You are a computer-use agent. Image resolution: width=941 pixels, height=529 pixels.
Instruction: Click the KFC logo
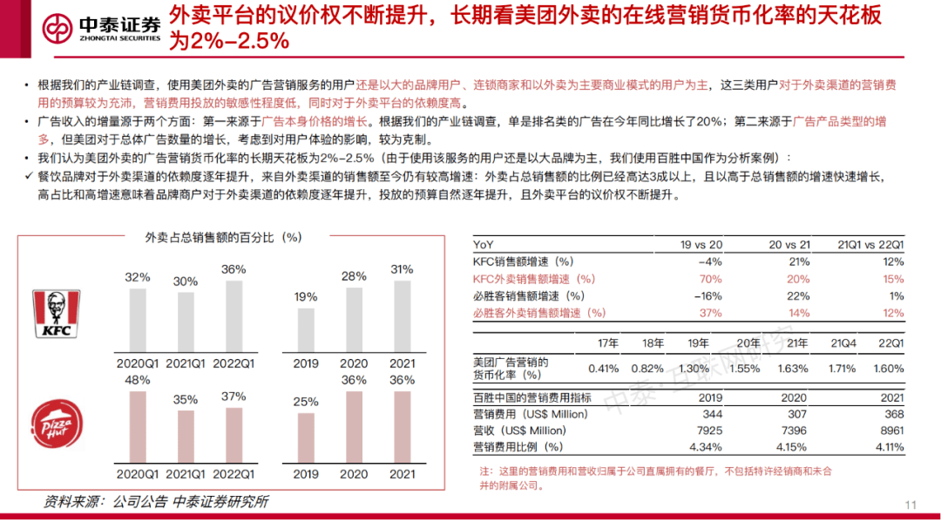[x=57, y=314]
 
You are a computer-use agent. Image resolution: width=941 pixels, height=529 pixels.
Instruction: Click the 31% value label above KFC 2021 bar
[x=403, y=268]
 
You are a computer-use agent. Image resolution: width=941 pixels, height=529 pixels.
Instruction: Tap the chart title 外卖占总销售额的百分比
[x=223, y=236]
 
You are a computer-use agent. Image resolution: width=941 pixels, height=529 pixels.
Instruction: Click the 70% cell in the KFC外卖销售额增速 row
[x=710, y=279]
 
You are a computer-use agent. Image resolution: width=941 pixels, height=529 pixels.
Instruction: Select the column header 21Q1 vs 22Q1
[x=870, y=246]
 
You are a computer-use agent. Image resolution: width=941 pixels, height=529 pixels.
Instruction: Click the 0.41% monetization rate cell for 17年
[x=604, y=369]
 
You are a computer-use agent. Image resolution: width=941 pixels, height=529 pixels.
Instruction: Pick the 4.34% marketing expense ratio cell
[x=705, y=447]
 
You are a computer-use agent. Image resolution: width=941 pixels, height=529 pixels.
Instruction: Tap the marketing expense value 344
[x=710, y=414]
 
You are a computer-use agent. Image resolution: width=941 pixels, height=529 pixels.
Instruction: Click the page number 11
[x=911, y=506]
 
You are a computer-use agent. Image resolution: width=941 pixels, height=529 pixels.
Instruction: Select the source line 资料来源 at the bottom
[x=157, y=502]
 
